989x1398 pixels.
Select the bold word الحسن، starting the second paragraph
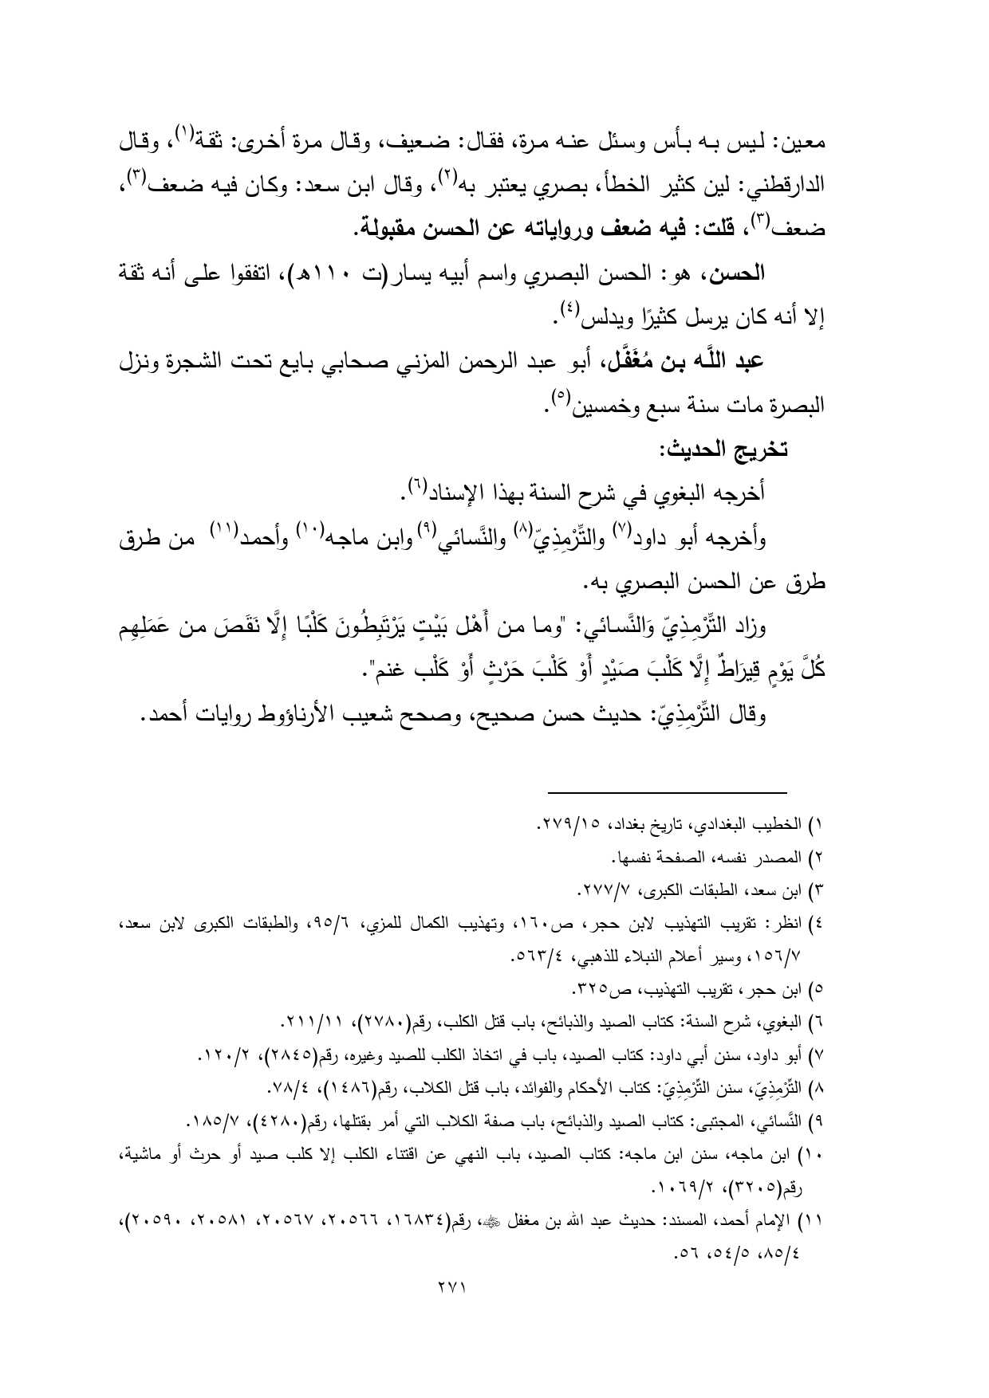click(x=735, y=275)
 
